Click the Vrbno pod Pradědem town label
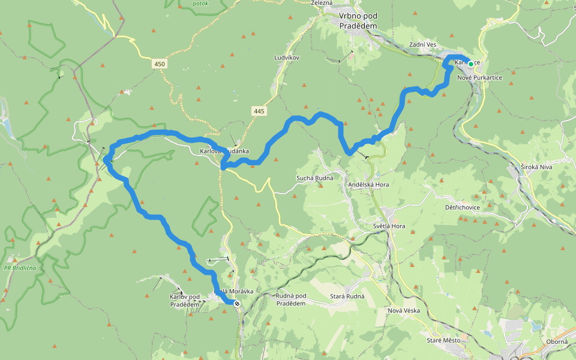pyautogui.click(x=358, y=22)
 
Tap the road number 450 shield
pyautogui.click(x=159, y=64)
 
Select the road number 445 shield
pyautogui.click(x=259, y=111)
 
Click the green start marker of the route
pyautogui.click(x=471, y=64)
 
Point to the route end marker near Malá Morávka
pyautogui.click(x=237, y=304)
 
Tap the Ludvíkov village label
pyautogui.click(x=286, y=58)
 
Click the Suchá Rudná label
pyautogui.click(x=315, y=178)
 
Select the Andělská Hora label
pyautogui.click(x=368, y=185)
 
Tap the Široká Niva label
pyautogui.click(x=536, y=167)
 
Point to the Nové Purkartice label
pyautogui.click(x=479, y=78)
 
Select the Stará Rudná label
pyautogui.click(x=347, y=296)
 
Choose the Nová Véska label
pyautogui.click(x=403, y=310)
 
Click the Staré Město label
pyautogui.click(x=443, y=341)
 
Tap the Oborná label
pyautogui.click(x=557, y=342)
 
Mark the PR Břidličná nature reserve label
pyautogui.click(x=20, y=268)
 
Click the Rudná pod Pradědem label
pyautogui.click(x=291, y=299)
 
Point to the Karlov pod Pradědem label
pyautogui.click(x=184, y=301)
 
